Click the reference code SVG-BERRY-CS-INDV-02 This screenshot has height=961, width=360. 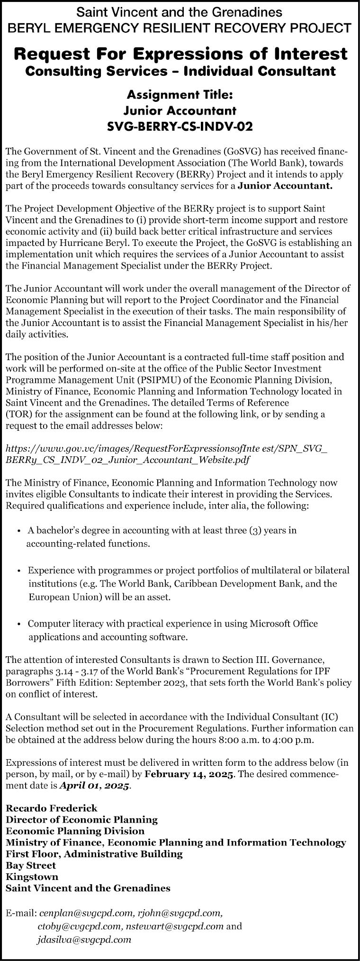coord(180,127)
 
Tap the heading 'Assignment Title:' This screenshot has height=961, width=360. coord(180,95)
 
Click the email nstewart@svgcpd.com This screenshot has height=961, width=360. coord(174,924)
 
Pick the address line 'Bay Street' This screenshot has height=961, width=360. coord(31,865)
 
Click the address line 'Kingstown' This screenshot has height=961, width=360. coord(32,876)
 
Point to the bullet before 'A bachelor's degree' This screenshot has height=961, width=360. coord(18,531)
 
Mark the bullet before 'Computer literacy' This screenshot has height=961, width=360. coord(18,624)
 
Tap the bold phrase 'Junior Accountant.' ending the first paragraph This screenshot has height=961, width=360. coord(285,186)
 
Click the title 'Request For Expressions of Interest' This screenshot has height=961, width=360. coord(180,54)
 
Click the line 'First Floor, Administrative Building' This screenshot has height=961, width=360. coord(94,853)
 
